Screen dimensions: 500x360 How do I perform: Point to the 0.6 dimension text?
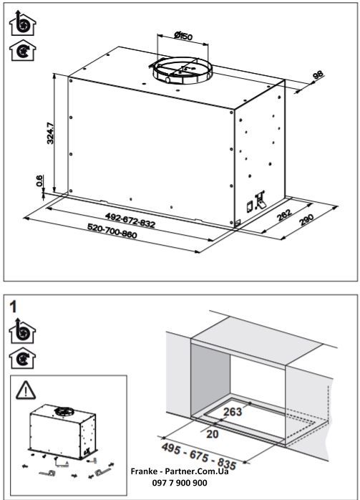coord(41,183)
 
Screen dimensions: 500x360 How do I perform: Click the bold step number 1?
coord(14,305)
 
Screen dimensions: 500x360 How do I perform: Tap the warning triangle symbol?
coord(24,390)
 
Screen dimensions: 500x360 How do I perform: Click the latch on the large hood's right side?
coord(259,201)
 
